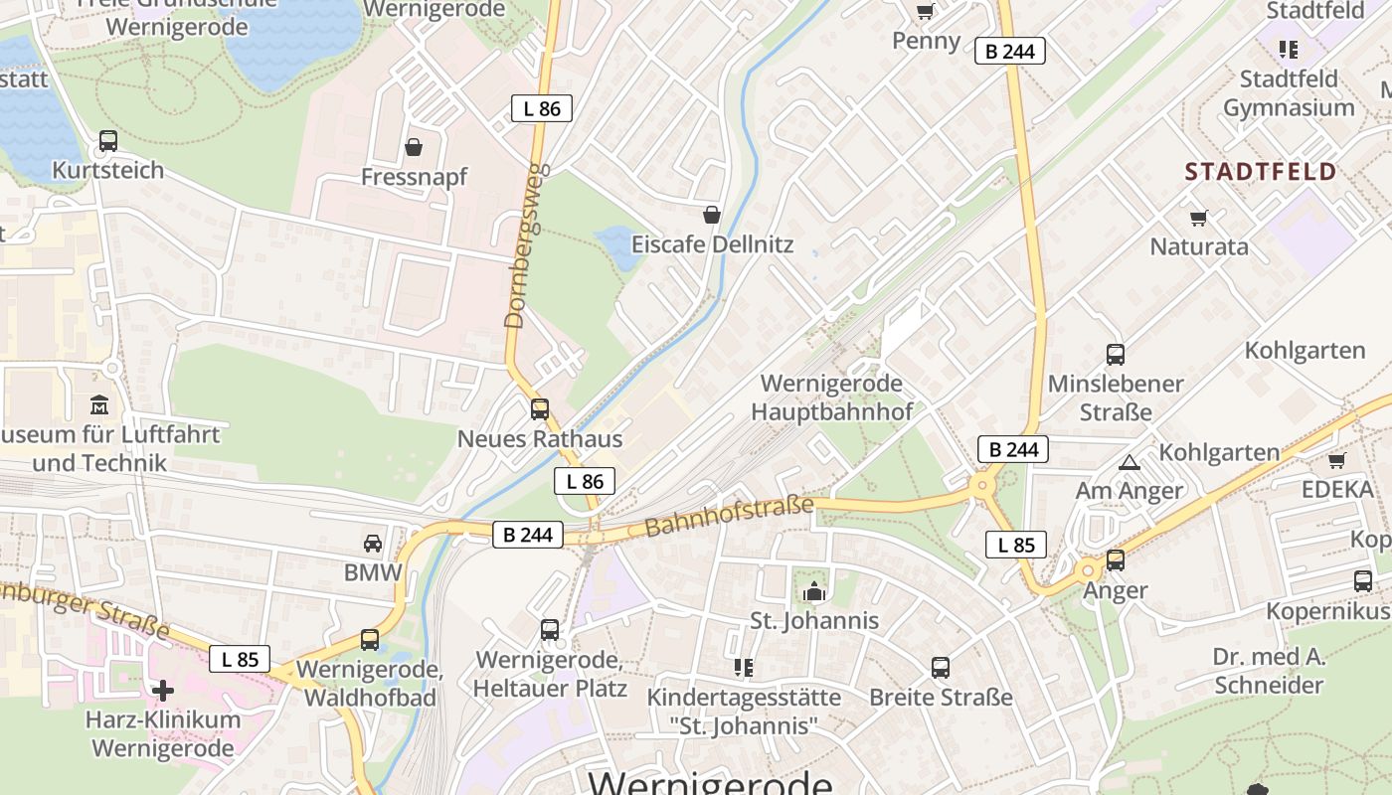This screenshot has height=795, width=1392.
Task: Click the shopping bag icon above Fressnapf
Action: click(x=414, y=148)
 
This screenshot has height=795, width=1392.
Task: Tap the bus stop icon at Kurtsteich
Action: click(x=108, y=141)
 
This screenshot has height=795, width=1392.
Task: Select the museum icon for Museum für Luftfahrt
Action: click(x=100, y=405)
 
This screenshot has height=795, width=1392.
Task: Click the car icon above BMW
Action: click(x=373, y=544)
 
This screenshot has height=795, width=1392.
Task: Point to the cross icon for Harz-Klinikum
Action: click(x=163, y=690)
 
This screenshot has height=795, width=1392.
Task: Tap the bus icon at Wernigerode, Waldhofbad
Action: click(x=370, y=640)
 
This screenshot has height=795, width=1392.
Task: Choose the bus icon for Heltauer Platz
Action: click(x=550, y=629)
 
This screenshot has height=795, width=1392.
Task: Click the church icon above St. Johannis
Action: click(x=814, y=591)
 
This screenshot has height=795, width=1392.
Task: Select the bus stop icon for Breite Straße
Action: click(x=941, y=668)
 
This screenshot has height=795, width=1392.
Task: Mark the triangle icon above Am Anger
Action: click(x=1129, y=462)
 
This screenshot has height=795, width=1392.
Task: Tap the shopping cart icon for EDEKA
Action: click(x=1337, y=460)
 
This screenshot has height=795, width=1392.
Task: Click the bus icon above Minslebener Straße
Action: click(x=1116, y=355)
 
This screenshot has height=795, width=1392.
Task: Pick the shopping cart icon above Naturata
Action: click(x=1198, y=218)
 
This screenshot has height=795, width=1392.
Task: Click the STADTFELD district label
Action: click(x=1260, y=171)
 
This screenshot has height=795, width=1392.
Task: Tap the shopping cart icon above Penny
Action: click(x=926, y=12)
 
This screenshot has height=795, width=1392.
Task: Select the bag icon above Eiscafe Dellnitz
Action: click(x=712, y=215)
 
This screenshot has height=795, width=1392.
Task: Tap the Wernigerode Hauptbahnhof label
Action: click(x=831, y=397)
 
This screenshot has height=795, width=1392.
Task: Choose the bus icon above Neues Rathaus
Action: click(x=540, y=408)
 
